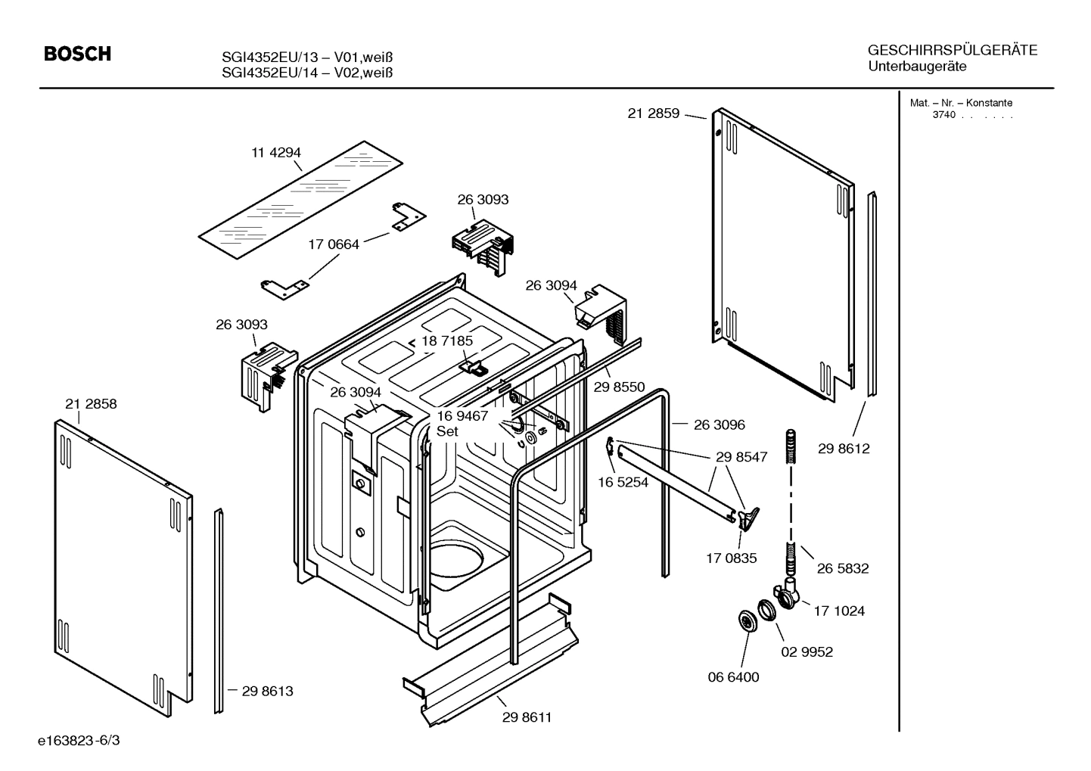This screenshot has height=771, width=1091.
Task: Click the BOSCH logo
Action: coord(77,54)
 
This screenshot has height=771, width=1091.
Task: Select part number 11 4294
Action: coord(276,152)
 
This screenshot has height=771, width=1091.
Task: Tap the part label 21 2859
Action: coord(653,113)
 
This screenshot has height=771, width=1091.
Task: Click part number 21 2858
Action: coord(91,404)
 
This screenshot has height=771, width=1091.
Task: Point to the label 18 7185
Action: coord(447,340)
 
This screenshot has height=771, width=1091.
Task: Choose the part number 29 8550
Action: coord(619,387)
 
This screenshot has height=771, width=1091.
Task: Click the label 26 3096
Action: coord(719,424)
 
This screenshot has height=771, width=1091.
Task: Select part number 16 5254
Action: coord(623,482)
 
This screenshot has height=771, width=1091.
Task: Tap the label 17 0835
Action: coord(731,558)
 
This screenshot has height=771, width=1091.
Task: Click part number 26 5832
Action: coord(843,568)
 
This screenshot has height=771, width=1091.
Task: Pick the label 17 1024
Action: coord(839,611)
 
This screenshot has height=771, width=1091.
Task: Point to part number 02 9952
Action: coord(807,651)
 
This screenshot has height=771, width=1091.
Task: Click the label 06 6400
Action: coord(733,677)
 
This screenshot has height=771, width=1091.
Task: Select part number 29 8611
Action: coord(527,717)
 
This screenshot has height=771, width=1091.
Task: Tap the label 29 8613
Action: coord(267,691)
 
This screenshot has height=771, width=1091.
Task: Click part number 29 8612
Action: coord(844,449)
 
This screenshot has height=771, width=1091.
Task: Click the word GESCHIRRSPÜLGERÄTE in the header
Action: coord(953,51)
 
